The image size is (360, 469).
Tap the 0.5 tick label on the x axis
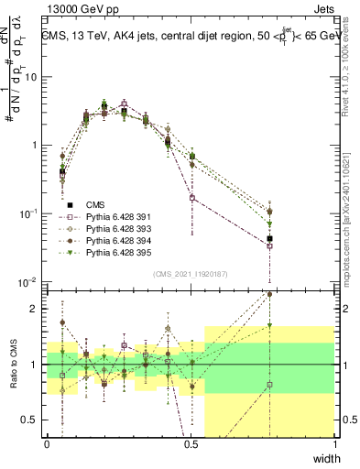tap(191, 443)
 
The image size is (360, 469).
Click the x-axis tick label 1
tap(334, 443)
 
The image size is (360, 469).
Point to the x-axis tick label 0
tap(47, 443)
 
